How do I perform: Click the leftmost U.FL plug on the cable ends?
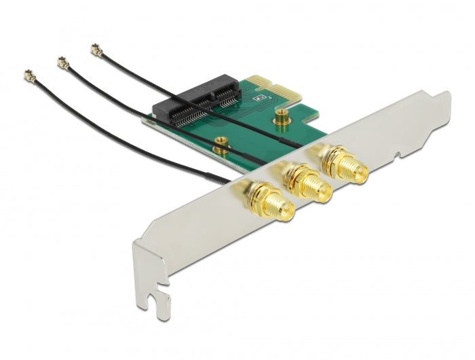point(29,75)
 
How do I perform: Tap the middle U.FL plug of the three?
point(63,63)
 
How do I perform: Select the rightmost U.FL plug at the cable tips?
point(96,49)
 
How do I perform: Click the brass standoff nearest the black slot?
point(219,143)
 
